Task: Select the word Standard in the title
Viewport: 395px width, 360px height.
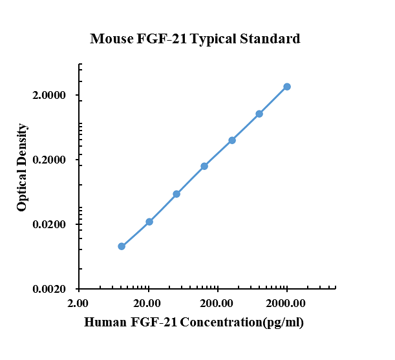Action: [x=270, y=39]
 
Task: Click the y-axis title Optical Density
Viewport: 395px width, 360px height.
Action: [x=22, y=167]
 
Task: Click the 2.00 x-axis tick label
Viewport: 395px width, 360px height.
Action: [x=78, y=303]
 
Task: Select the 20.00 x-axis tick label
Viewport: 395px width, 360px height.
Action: [x=148, y=303]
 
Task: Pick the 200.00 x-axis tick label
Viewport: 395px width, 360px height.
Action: [x=217, y=303]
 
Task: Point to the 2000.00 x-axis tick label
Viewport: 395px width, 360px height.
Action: [x=286, y=303]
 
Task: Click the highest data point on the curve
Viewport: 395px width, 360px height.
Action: [x=287, y=87]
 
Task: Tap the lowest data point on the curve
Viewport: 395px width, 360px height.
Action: [x=122, y=246]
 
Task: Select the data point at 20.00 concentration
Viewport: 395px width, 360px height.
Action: [x=149, y=222]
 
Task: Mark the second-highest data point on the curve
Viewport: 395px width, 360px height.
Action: [x=259, y=114]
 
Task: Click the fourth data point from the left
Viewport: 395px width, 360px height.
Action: [x=204, y=166]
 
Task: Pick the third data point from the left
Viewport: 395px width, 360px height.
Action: [x=176, y=194]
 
